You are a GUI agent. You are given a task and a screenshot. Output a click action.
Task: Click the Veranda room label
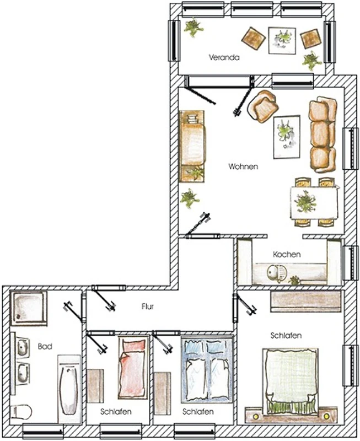point(224,57)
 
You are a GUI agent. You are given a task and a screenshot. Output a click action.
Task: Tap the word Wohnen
point(243,166)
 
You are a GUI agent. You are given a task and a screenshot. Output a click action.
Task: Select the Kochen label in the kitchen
point(287,254)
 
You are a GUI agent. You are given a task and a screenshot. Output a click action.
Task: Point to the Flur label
point(148,306)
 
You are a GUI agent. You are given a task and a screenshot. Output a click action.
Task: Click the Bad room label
point(45,346)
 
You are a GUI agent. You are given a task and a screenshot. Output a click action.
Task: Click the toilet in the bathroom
point(21,411)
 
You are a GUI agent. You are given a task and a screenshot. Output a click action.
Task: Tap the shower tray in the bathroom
point(29,308)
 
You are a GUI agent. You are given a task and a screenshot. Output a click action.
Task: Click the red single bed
point(133,368)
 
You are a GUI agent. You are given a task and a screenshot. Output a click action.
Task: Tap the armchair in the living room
point(263,106)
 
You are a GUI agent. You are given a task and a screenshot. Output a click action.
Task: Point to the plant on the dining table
point(305,202)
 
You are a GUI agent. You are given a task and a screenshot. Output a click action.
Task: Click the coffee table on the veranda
point(282,40)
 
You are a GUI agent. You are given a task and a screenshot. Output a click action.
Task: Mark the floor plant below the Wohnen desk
point(190,198)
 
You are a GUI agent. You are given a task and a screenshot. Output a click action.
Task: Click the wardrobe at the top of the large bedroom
point(306,302)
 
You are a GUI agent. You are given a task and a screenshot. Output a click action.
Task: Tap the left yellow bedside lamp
point(256,416)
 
